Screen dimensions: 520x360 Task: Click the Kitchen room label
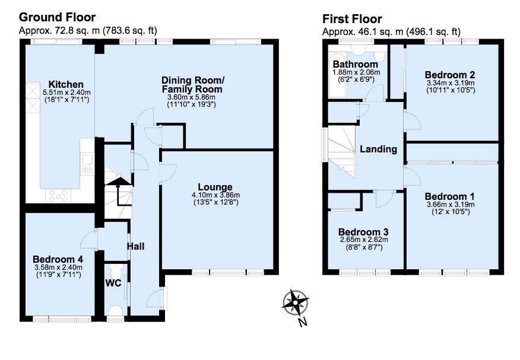pos(66,84)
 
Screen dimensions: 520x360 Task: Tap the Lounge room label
pos(215,187)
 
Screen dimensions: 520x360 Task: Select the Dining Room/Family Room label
pos(192,85)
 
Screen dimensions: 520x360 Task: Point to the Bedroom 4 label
pos(58,259)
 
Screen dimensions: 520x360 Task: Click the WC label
pos(113,283)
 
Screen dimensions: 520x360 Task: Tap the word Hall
pos(135,246)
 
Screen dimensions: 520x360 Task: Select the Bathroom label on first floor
pos(356,64)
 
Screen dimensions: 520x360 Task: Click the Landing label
pos(378,149)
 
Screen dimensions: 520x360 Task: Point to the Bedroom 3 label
pos(363,232)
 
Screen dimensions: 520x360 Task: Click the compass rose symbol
pos(295,302)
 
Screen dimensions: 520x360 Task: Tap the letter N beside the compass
pos(302,321)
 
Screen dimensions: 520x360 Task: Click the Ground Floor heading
pos(58,17)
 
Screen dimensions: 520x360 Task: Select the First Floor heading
pos(352,19)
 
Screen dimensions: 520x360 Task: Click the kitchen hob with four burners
pos(58,195)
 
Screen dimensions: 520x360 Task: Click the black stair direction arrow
pos(118,192)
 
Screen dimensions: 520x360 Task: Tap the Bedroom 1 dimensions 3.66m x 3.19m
pos(451,205)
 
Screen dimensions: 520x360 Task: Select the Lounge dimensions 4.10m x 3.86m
pos(216,195)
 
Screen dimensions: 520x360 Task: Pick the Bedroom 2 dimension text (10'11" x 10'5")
pos(451,90)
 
